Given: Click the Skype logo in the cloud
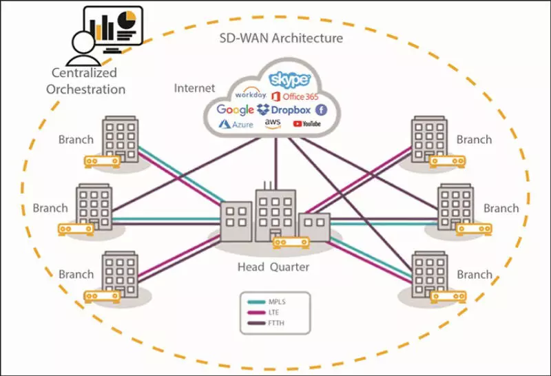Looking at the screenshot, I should [x=290, y=79].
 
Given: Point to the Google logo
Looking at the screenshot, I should [x=236, y=109].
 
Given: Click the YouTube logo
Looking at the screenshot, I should [x=306, y=124].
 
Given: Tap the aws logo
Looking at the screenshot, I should [x=273, y=123].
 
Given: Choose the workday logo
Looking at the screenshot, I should [x=250, y=94].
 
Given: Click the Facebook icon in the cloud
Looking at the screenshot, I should [x=321, y=109].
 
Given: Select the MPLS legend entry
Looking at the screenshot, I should [x=275, y=301].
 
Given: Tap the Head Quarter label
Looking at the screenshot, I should [x=275, y=267].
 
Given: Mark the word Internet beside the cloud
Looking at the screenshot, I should [x=194, y=88].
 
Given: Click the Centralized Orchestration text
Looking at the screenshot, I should [x=89, y=81].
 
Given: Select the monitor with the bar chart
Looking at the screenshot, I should [x=112, y=26].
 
